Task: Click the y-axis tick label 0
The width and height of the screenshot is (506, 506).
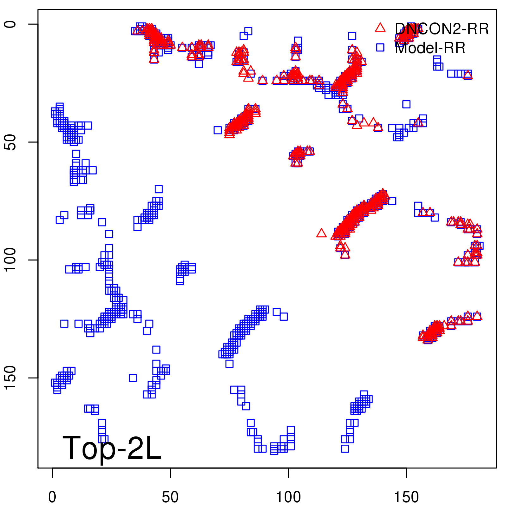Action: [x=10, y=24]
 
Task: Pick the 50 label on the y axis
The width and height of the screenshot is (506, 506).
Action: [x=10, y=142]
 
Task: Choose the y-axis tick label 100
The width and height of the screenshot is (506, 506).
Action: [x=10, y=260]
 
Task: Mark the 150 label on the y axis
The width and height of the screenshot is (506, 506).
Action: [x=10, y=378]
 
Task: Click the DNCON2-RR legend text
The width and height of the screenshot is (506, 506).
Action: [x=441, y=29]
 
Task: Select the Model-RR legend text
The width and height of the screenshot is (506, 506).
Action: [x=430, y=48]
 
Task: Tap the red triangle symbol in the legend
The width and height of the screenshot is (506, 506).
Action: [x=380, y=28]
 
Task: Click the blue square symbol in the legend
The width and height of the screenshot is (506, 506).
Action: [x=380, y=47]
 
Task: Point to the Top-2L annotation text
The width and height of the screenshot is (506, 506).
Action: [x=112, y=448]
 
